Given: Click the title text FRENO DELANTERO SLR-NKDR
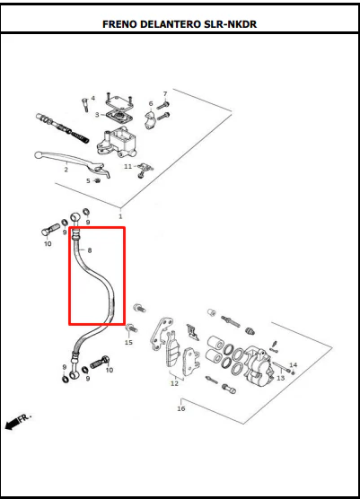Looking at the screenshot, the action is (x=180, y=24).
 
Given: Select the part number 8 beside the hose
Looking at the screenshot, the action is (x=90, y=250).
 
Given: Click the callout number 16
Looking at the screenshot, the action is (x=180, y=408).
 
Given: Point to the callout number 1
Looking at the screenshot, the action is (x=120, y=216).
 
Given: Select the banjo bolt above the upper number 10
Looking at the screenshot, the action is (x=50, y=230).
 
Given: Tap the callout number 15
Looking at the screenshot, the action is (x=128, y=343).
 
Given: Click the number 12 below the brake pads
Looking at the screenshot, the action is (x=174, y=383).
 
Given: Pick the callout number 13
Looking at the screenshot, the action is (x=280, y=378).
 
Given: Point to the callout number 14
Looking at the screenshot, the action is (x=294, y=364).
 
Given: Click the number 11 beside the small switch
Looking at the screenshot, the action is (x=127, y=166).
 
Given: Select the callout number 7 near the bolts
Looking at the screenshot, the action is (x=165, y=94).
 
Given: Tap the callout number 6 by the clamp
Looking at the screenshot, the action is (x=151, y=103).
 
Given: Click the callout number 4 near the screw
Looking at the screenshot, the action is (x=93, y=98).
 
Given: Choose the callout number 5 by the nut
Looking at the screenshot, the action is (x=88, y=180).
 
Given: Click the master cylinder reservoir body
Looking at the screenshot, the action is (x=117, y=143).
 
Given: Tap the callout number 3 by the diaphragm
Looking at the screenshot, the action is (x=97, y=115).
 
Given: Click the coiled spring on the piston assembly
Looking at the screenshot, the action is (x=81, y=137).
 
